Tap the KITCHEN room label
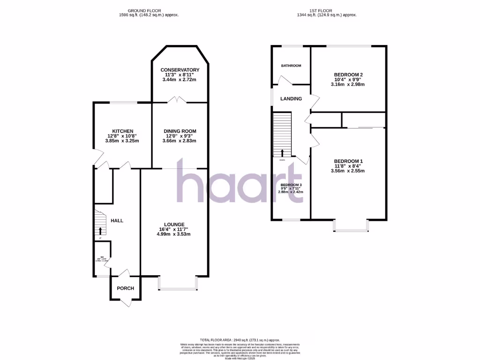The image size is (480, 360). [123, 131]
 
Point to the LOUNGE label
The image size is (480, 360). [174, 224]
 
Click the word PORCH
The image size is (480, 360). [125, 288]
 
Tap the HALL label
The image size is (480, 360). [117, 220]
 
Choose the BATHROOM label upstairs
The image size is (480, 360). [291, 66]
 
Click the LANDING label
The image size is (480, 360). [291, 99]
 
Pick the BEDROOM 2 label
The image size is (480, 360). [348, 75]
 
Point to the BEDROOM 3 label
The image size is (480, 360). [292, 185]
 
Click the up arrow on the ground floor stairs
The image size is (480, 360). [100, 230]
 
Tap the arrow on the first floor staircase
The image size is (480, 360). [282, 152]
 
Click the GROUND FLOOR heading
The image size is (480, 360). [149, 10]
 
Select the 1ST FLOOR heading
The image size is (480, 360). [327, 10]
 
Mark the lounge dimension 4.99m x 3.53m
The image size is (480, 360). [174, 234]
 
